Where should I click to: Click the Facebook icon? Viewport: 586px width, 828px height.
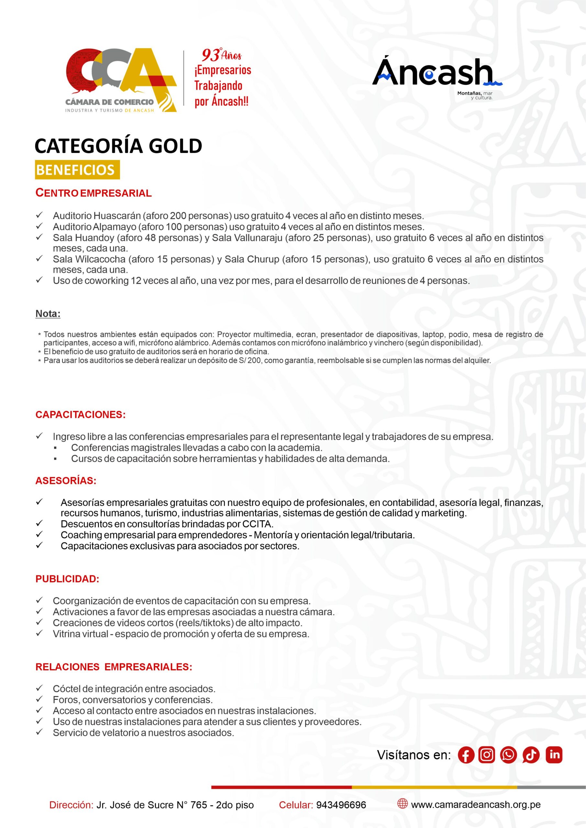[x=466, y=755]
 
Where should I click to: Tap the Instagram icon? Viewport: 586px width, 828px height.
[x=486, y=755]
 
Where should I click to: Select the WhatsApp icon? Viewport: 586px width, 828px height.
[x=508, y=755]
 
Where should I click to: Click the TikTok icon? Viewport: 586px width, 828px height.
[x=530, y=755]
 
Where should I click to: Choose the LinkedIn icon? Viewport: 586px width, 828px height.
[x=554, y=755]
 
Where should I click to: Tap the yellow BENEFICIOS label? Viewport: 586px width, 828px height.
[x=77, y=170]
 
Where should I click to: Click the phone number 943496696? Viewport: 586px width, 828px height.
[x=341, y=805]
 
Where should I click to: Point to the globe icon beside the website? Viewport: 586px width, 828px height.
[x=402, y=804]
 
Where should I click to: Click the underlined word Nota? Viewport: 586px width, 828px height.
[x=48, y=314]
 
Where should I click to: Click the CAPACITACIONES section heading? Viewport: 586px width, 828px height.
[x=81, y=415]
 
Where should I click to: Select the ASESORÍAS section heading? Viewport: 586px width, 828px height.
[x=66, y=481]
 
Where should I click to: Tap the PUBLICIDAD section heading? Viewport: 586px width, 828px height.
[x=67, y=579]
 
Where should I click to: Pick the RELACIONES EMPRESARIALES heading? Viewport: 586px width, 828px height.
[x=114, y=667]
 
